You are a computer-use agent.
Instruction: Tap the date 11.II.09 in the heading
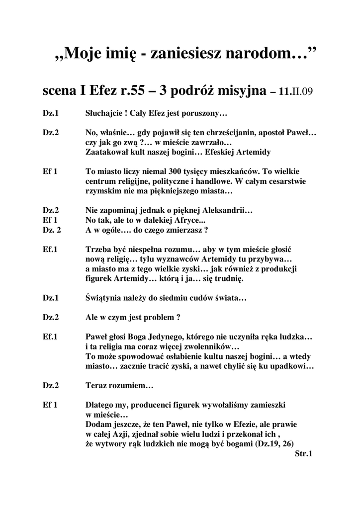point(296,92)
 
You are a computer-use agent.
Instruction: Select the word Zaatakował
point(108,152)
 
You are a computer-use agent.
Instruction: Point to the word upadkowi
point(292,366)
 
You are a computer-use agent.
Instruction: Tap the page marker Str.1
point(303,453)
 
